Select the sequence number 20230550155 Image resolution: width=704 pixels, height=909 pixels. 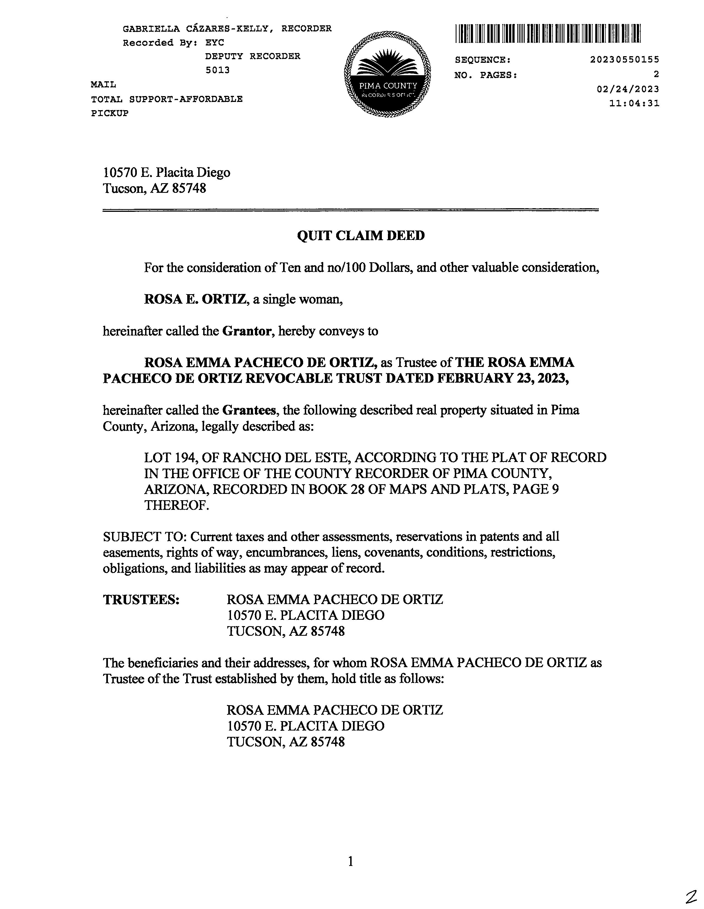624,60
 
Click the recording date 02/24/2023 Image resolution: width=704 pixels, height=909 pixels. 627,89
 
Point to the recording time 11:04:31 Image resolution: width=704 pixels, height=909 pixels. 634,103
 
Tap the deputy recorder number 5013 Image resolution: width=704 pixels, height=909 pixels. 217,70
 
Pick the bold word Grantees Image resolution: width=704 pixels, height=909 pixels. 249,410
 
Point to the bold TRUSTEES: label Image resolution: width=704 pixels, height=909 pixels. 141,599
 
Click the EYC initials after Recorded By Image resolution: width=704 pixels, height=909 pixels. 215,42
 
